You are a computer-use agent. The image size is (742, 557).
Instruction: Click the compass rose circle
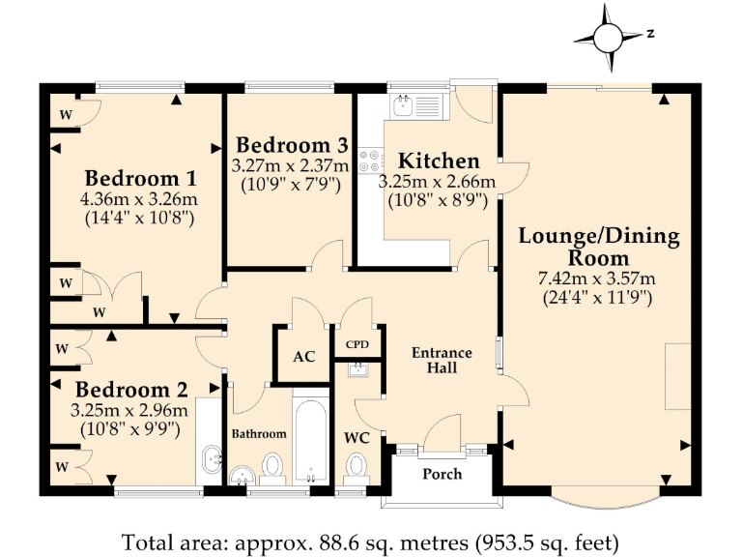coord(607,38)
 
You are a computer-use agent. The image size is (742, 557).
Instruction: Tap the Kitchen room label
coord(439,161)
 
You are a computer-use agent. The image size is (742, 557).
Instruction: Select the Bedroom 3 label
coord(292,145)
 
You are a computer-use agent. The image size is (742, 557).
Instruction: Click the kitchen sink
coord(403,106)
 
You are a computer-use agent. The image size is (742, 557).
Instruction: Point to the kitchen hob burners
coord(370,161)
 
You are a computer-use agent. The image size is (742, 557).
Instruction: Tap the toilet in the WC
coord(356,466)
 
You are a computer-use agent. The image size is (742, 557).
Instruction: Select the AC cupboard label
coord(303,357)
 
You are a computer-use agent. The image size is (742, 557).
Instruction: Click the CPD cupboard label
coord(357,344)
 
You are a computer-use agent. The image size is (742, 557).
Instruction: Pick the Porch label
coord(442,474)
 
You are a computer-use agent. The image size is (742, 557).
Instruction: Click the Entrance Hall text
coord(442,360)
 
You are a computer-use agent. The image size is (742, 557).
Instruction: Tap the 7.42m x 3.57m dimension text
coord(597,278)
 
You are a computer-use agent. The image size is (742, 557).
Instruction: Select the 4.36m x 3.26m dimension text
coord(139,199)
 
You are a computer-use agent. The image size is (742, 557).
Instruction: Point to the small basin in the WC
coord(357,369)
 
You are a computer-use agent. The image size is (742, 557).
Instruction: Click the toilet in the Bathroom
coord(272,467)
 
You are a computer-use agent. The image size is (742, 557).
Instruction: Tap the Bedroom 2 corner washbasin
coord(212,459)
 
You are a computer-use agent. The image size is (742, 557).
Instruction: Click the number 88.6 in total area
coord(338,542)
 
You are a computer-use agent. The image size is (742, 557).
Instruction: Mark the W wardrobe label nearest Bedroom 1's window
coord(66,115)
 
